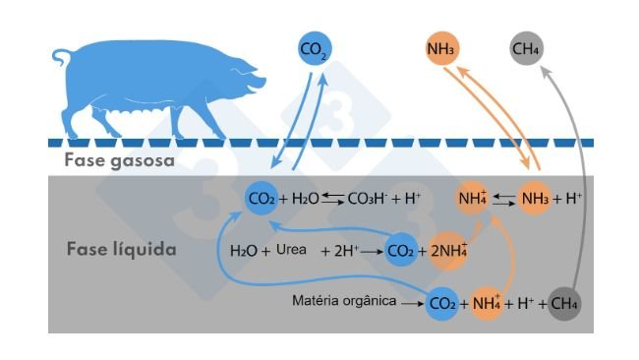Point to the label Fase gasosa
click(x=120, y=160)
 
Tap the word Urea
click(x=292, y=251)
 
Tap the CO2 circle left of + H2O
click(x=261, y=199)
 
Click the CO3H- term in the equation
click(x=368, y=200)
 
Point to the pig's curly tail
click(x=58, y=58)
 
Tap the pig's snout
click(x=263, y=87)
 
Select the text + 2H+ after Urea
click(x=340, y=251)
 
